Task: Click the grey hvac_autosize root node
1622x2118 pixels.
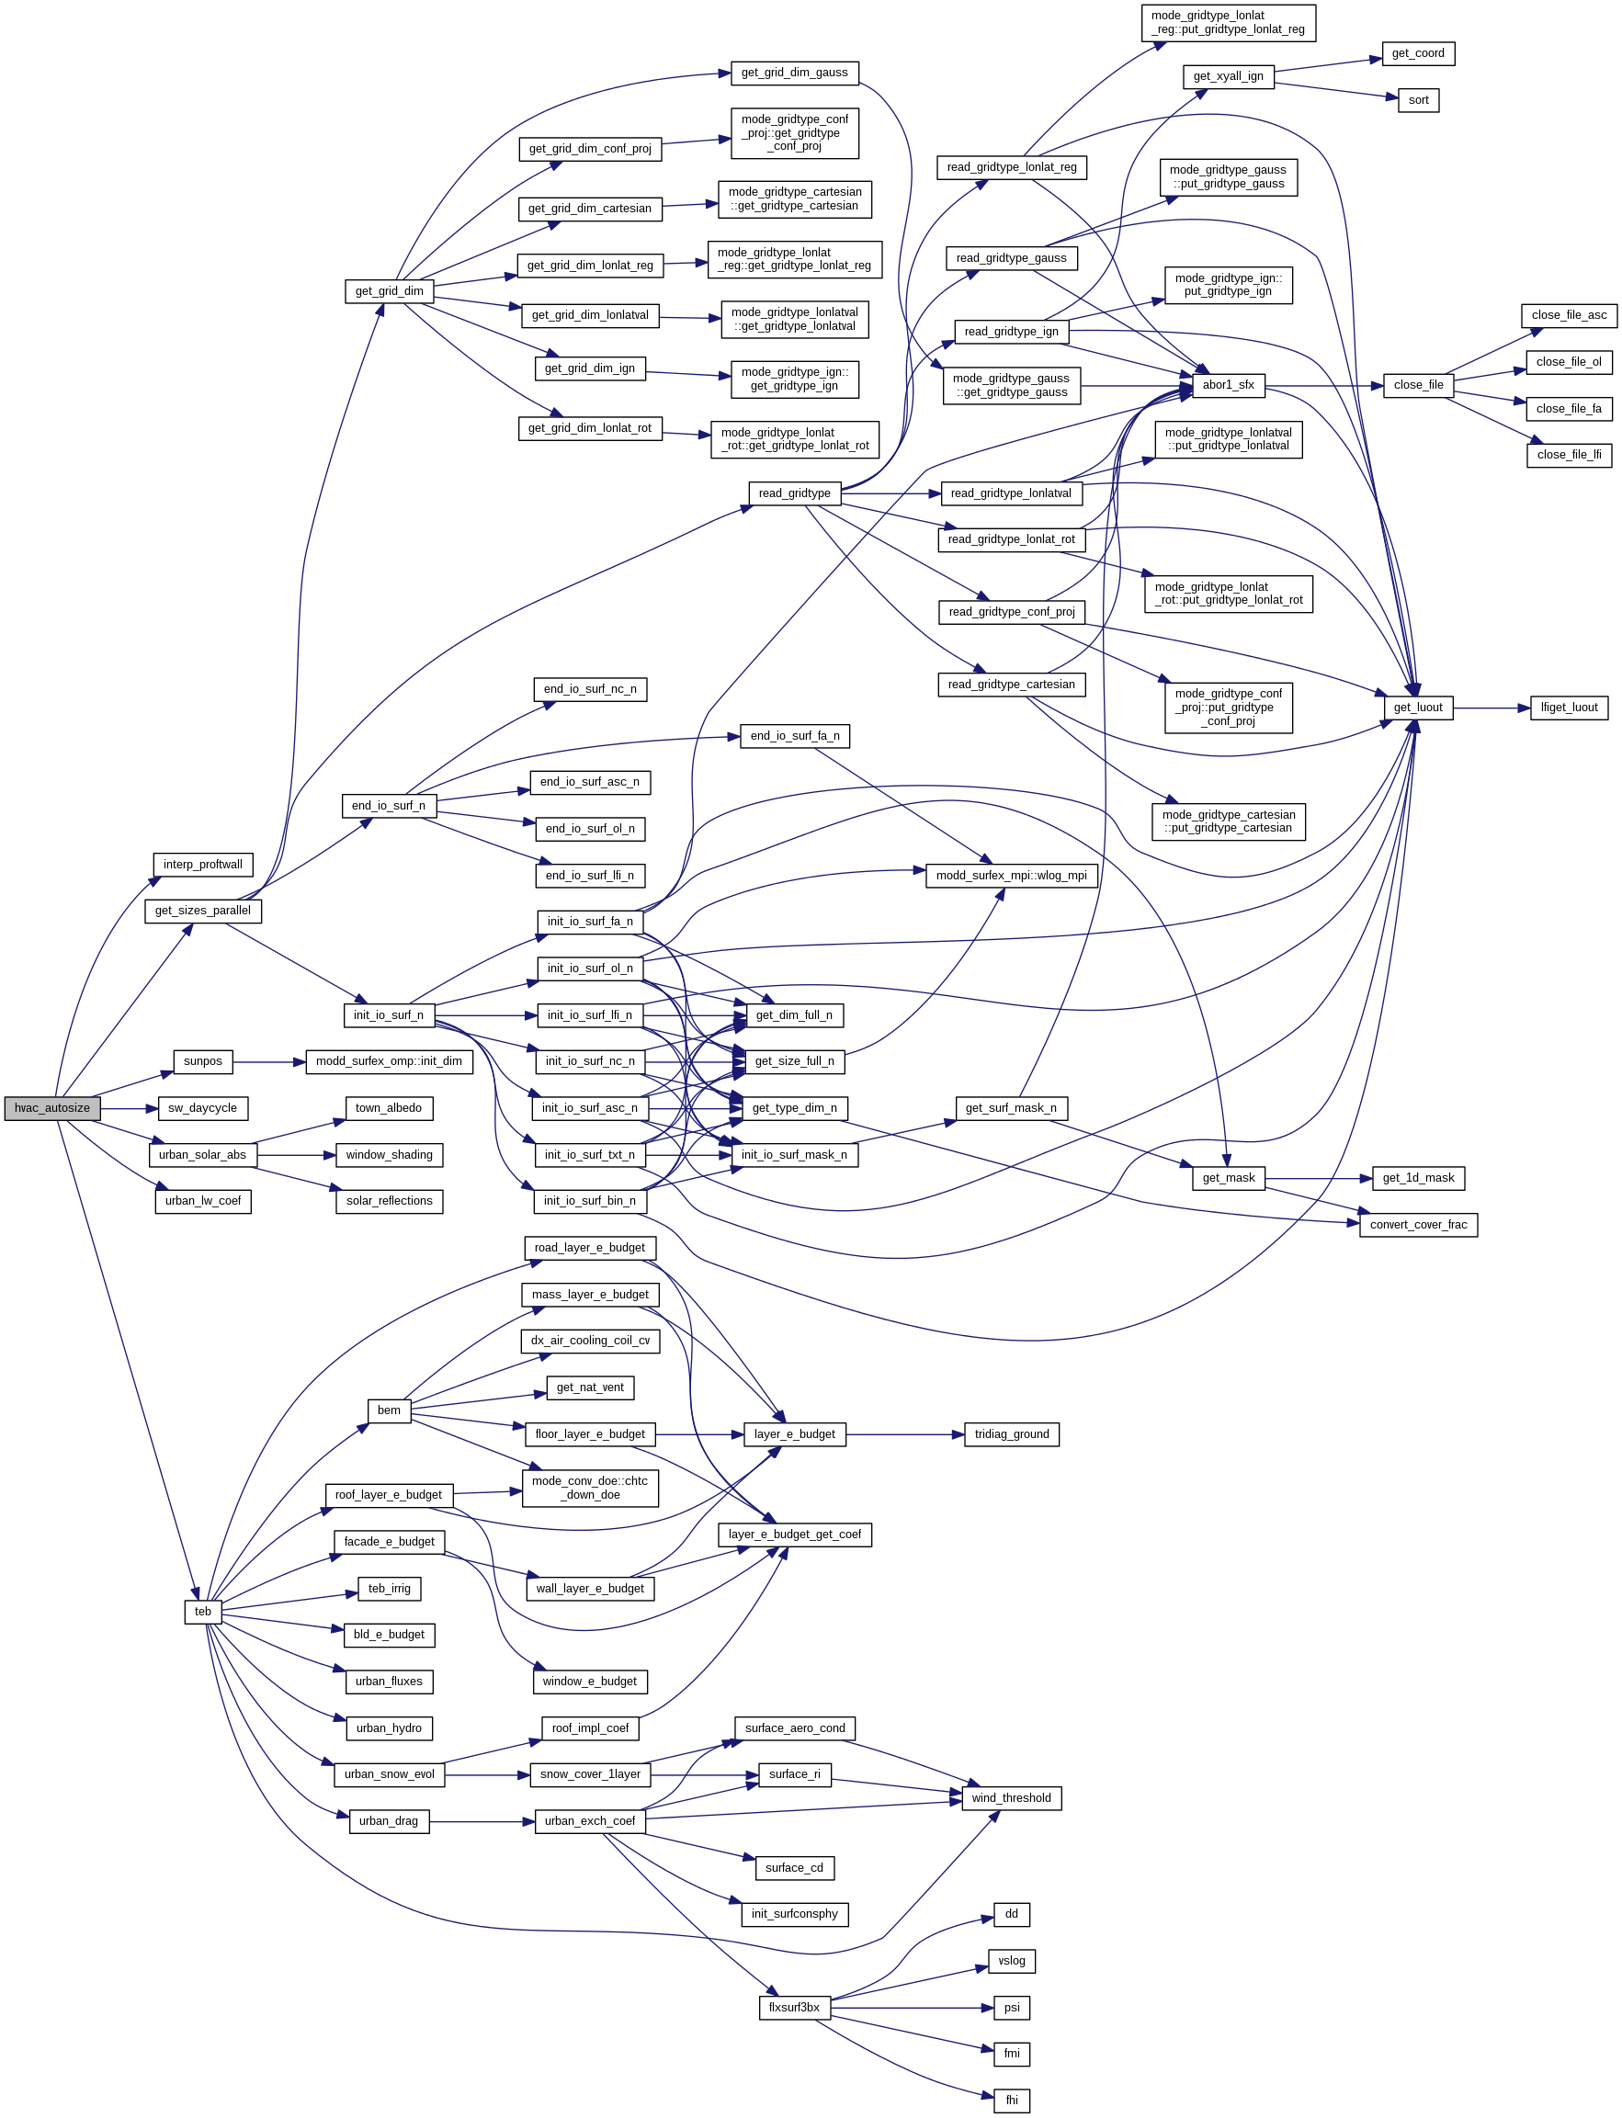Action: click(x=52, y=1108)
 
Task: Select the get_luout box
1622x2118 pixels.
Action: click(x=1417, y=708)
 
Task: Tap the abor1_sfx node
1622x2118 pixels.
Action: click(x=1227, y=385)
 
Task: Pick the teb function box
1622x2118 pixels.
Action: click(x=203, y=1611)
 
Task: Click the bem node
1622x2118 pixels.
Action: click(x=389, y=1410)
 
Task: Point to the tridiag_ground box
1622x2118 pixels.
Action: click(x=1011, y=1434)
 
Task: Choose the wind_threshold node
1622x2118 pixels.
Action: click(x=1011, y=1798)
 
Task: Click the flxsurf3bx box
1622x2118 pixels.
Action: click(x=794, y=2008)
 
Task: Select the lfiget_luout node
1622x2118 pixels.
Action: click(x=1569, y=708)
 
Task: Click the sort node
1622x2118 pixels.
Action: click(x=1418, y=100)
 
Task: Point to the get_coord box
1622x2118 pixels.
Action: click(x=1417, y=54)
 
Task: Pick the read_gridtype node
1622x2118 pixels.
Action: click(x=795, y=493)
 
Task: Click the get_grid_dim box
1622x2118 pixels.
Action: click(x=389, y=291)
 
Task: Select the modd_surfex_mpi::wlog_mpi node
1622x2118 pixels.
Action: click(x=1011, y=876)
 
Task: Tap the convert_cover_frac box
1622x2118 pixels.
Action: click(x=1417, y=1225)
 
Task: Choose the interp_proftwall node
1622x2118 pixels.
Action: click(x=203, y=865)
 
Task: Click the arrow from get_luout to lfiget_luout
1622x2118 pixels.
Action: click(x=1492, y=708)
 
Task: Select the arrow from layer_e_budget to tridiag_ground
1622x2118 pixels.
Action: click(x=904, y=1434)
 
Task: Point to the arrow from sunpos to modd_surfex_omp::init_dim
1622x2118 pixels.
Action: click(x=268, y=1062)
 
